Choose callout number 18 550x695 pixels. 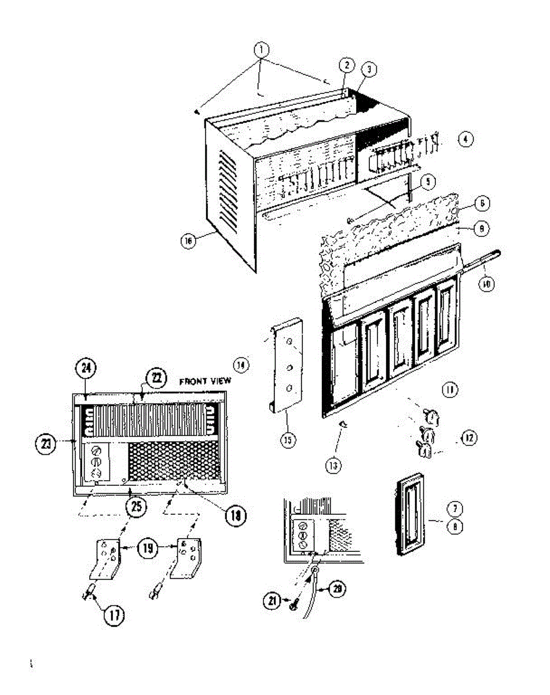click(x=235, y=513)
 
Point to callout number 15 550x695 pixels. click(x=287, y=440)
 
